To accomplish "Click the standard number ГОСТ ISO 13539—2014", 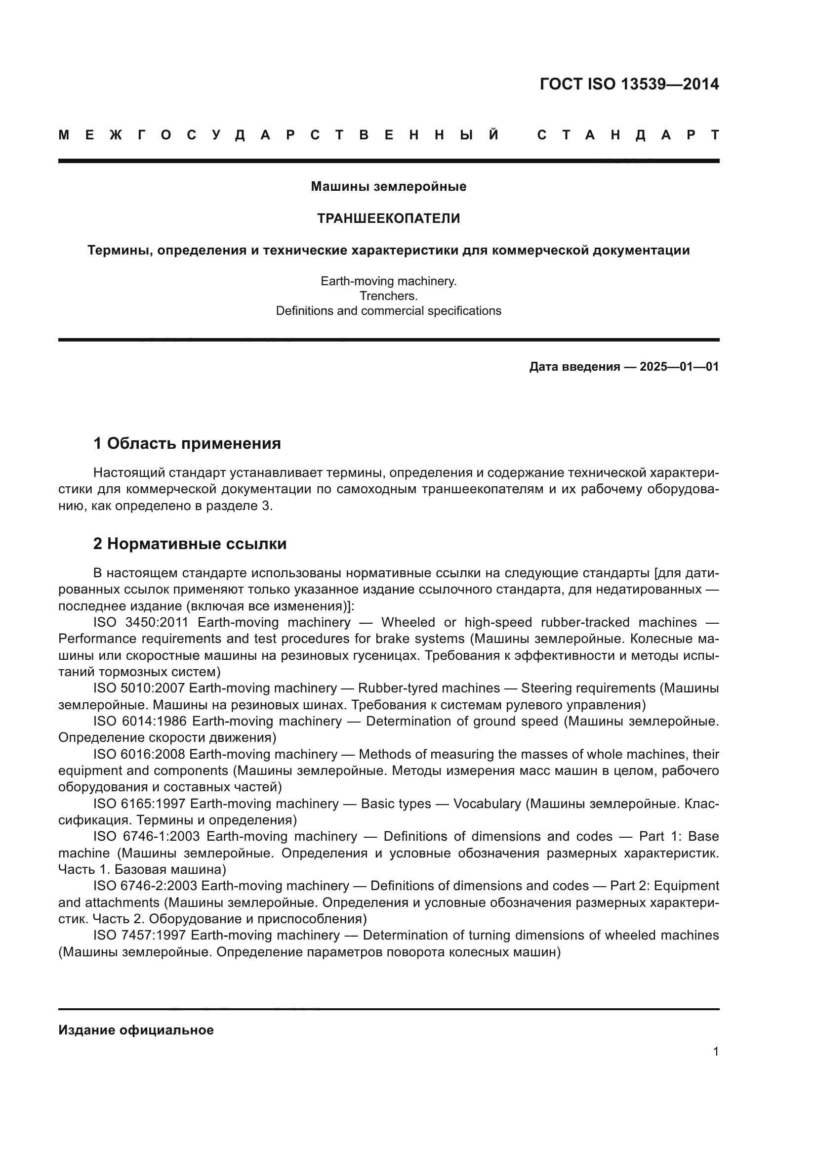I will click(629, 84).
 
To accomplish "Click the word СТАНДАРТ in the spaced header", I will click(628, 135).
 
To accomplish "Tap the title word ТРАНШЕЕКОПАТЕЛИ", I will click(388, 218).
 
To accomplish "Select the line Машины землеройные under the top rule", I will click(388, 187).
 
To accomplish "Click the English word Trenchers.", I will click(388, 296).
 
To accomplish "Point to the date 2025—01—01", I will click(679, 367).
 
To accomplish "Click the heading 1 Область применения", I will click(187, 443).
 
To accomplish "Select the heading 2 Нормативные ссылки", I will click(190, 544).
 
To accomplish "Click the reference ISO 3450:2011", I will click(140, 622).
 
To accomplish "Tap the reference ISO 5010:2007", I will click(139, 688).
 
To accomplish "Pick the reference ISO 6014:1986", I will click(139, 721).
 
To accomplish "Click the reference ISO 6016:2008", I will click(139, 754).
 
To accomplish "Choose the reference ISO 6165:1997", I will click(139, 804).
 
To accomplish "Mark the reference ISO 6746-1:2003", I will click(146, 836).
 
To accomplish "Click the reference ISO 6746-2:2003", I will click(145, 886).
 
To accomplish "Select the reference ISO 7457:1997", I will click(139, 935).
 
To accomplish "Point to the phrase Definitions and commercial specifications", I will click(388, 311).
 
